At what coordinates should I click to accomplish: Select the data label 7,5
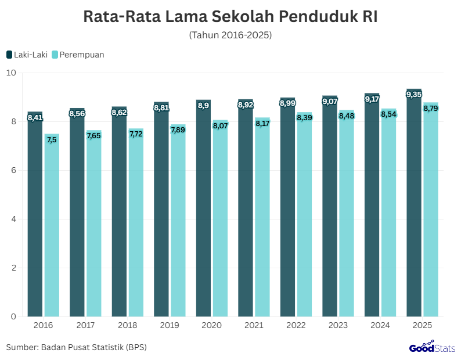[x=52, y=139]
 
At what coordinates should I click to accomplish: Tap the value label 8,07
[x=220, y=125]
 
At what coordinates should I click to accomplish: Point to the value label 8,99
[x=287, y=103]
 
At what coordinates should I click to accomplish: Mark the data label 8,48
[x=347, y=116]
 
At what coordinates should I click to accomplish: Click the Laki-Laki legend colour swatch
[x=9, y=55]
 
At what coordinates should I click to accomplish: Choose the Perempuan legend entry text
[x=82, y=55]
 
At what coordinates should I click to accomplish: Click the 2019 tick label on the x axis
[x=170, y=326]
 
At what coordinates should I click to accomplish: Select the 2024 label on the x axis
[x=380, y=326]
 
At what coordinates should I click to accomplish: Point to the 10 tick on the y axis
[x=11, y=73]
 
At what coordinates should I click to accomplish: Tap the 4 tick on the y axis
[x=13, y=219]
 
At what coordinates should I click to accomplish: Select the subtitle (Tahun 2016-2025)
[x=230, y=35]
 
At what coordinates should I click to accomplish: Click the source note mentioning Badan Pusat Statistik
[x=77, y=347]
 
